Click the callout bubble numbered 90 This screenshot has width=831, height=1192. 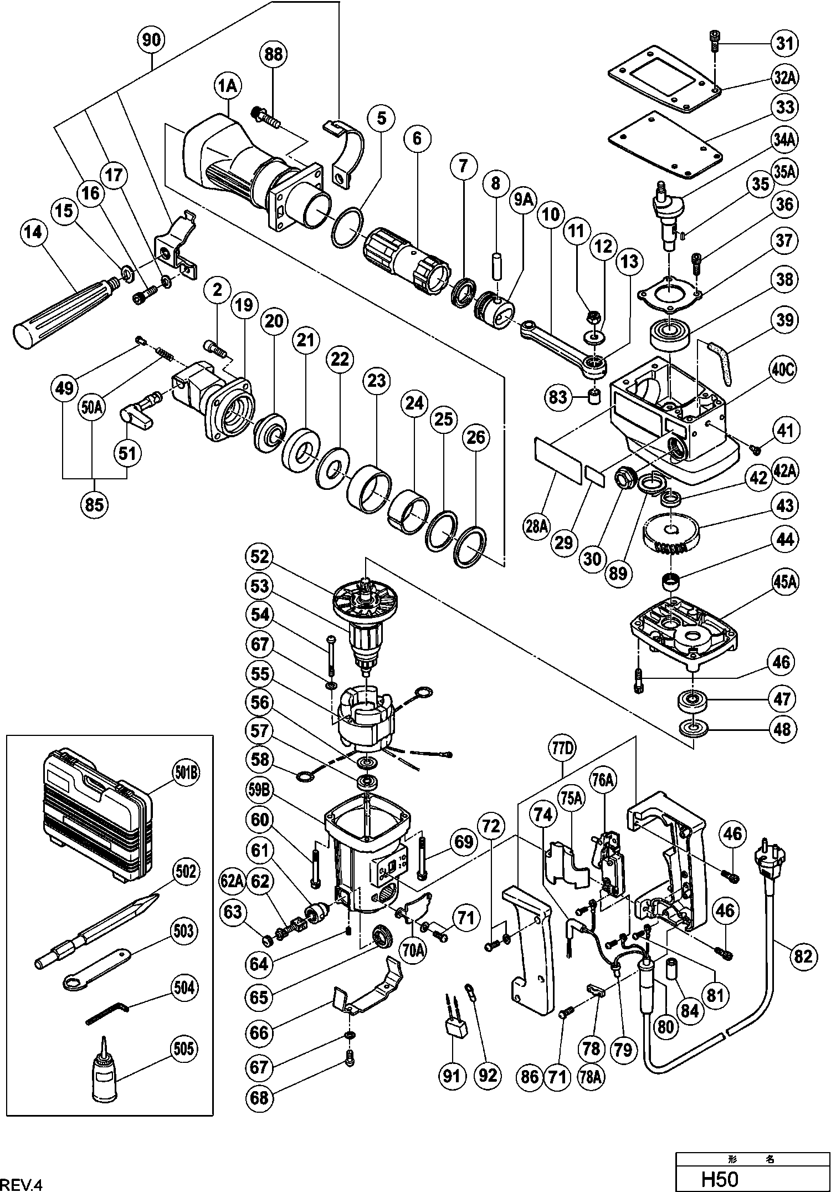(x=151, y=40)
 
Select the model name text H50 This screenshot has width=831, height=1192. (x=720, y=1179)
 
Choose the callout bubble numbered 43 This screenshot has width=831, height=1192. (x=781, y=505)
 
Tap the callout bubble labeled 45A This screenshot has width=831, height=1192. (x=781, y=583)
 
